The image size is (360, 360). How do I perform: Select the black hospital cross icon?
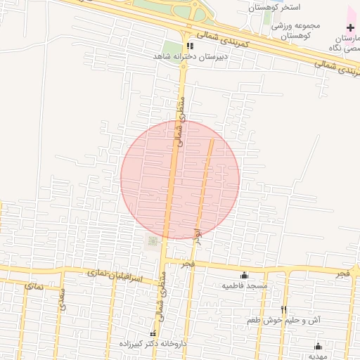pyautogui.click(x=350, y=27)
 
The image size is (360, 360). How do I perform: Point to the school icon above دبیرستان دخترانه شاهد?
pyautogui.click(x=188, y=46)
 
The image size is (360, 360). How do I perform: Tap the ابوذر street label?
pyautogui.click(x=199, y=234)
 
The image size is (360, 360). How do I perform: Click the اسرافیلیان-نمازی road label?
pyautogui.click(x=115, y=275)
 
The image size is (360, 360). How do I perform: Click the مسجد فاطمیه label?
pyautogui.click(x=243, y=286)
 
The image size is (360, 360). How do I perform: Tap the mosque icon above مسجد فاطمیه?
pyautogui.click(x=244, y=275)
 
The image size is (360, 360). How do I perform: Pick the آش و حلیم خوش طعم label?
pyautogui.click(x=284, y=320)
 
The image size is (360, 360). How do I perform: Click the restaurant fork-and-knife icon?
pyautogui.click(x=284, y=309)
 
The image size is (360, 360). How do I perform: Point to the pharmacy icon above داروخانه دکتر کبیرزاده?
pyautogui.click(x=153, y=333)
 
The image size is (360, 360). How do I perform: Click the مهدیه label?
pyautogui.click(x=318, y=356)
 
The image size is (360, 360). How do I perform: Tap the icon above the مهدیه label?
pyautogui.click(x=318, y=346)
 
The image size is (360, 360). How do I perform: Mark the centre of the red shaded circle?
pyautogui.click(x=180, y=179)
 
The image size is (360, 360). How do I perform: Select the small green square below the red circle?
pyautogui.click(x=152, y=242)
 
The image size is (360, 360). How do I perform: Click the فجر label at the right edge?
pyautogui.click(x=342, y=271)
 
